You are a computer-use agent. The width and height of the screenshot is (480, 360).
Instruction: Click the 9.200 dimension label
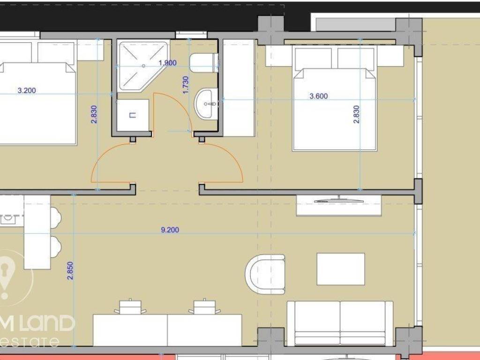coord(170,230)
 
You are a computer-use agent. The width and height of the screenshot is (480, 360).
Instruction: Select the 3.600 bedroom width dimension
coord(319,97)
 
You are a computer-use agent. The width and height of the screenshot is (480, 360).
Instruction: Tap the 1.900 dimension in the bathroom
coord(167,63)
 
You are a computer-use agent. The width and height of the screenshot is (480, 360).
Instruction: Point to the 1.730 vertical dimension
coord(185,85)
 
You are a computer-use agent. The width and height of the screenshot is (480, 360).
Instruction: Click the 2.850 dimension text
coord(70,270)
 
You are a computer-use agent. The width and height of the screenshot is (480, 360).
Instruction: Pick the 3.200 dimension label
coord(27,90)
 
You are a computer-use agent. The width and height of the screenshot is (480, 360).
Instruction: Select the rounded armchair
coord(266,274)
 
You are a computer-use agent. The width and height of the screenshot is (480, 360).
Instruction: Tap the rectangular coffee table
coord(340,269)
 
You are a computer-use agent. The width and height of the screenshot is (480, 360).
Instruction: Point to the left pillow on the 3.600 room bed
coord(313,58)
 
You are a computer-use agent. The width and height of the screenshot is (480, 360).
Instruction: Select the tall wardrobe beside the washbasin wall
coord(239,88)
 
